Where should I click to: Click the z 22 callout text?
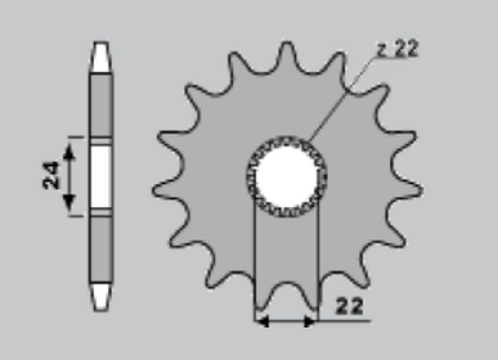pyautogui.click(x=398, y=49)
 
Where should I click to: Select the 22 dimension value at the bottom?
pyautogui.click(x=350, y=306)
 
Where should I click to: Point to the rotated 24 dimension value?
pyautogui.click(x=51, y=175)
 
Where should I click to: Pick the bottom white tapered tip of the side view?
pyautogui.click(x=100, y=296)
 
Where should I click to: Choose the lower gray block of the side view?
pyautogui.click(x=100, y=248)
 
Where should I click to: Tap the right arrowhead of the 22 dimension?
pyautogui.click(x=310, y=321)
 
